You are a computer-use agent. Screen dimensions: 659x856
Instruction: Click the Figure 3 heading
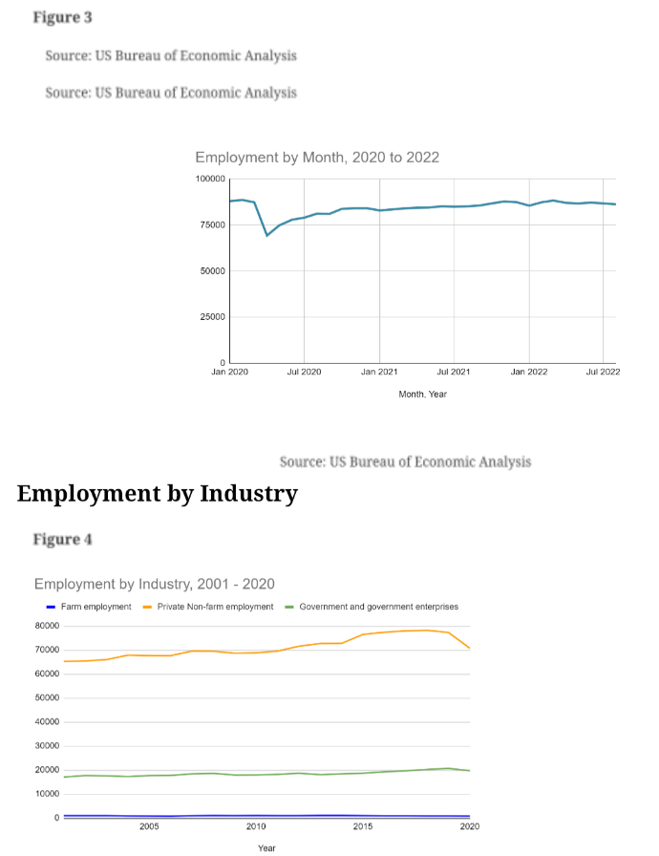point(62,17)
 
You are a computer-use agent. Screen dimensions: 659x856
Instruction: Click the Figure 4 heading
point(62,540)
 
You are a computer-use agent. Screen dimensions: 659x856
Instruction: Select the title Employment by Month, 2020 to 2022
point(317,158)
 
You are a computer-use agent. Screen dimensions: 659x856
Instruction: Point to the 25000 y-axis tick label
point(212,316)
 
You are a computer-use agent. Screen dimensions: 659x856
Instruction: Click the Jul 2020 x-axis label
point(304,372)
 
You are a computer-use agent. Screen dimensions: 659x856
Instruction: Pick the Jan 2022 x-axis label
point(528,372)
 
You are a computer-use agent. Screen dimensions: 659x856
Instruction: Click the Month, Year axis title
point(422,395)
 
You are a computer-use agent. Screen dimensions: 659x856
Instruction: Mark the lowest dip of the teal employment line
point(266,235)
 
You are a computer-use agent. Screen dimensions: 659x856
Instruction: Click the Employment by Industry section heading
point(158,494)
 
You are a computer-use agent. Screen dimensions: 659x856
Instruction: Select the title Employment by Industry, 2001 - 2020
point(155,584)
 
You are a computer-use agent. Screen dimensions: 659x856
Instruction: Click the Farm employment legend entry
point(89,607)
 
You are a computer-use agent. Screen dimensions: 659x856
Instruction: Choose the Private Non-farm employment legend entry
point(208,607)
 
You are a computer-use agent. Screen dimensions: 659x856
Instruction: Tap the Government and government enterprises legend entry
point(372,607)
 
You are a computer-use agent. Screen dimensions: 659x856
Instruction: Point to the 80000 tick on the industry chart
point(47,626)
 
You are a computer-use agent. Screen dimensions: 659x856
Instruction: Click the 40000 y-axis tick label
point(47,721)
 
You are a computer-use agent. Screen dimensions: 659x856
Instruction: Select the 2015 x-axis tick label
point(363,826)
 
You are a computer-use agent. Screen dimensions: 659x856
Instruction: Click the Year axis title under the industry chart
point(266,847)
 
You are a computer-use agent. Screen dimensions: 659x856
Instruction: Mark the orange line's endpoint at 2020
point(470,649)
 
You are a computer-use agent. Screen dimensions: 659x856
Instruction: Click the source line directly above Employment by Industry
point(405,461)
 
